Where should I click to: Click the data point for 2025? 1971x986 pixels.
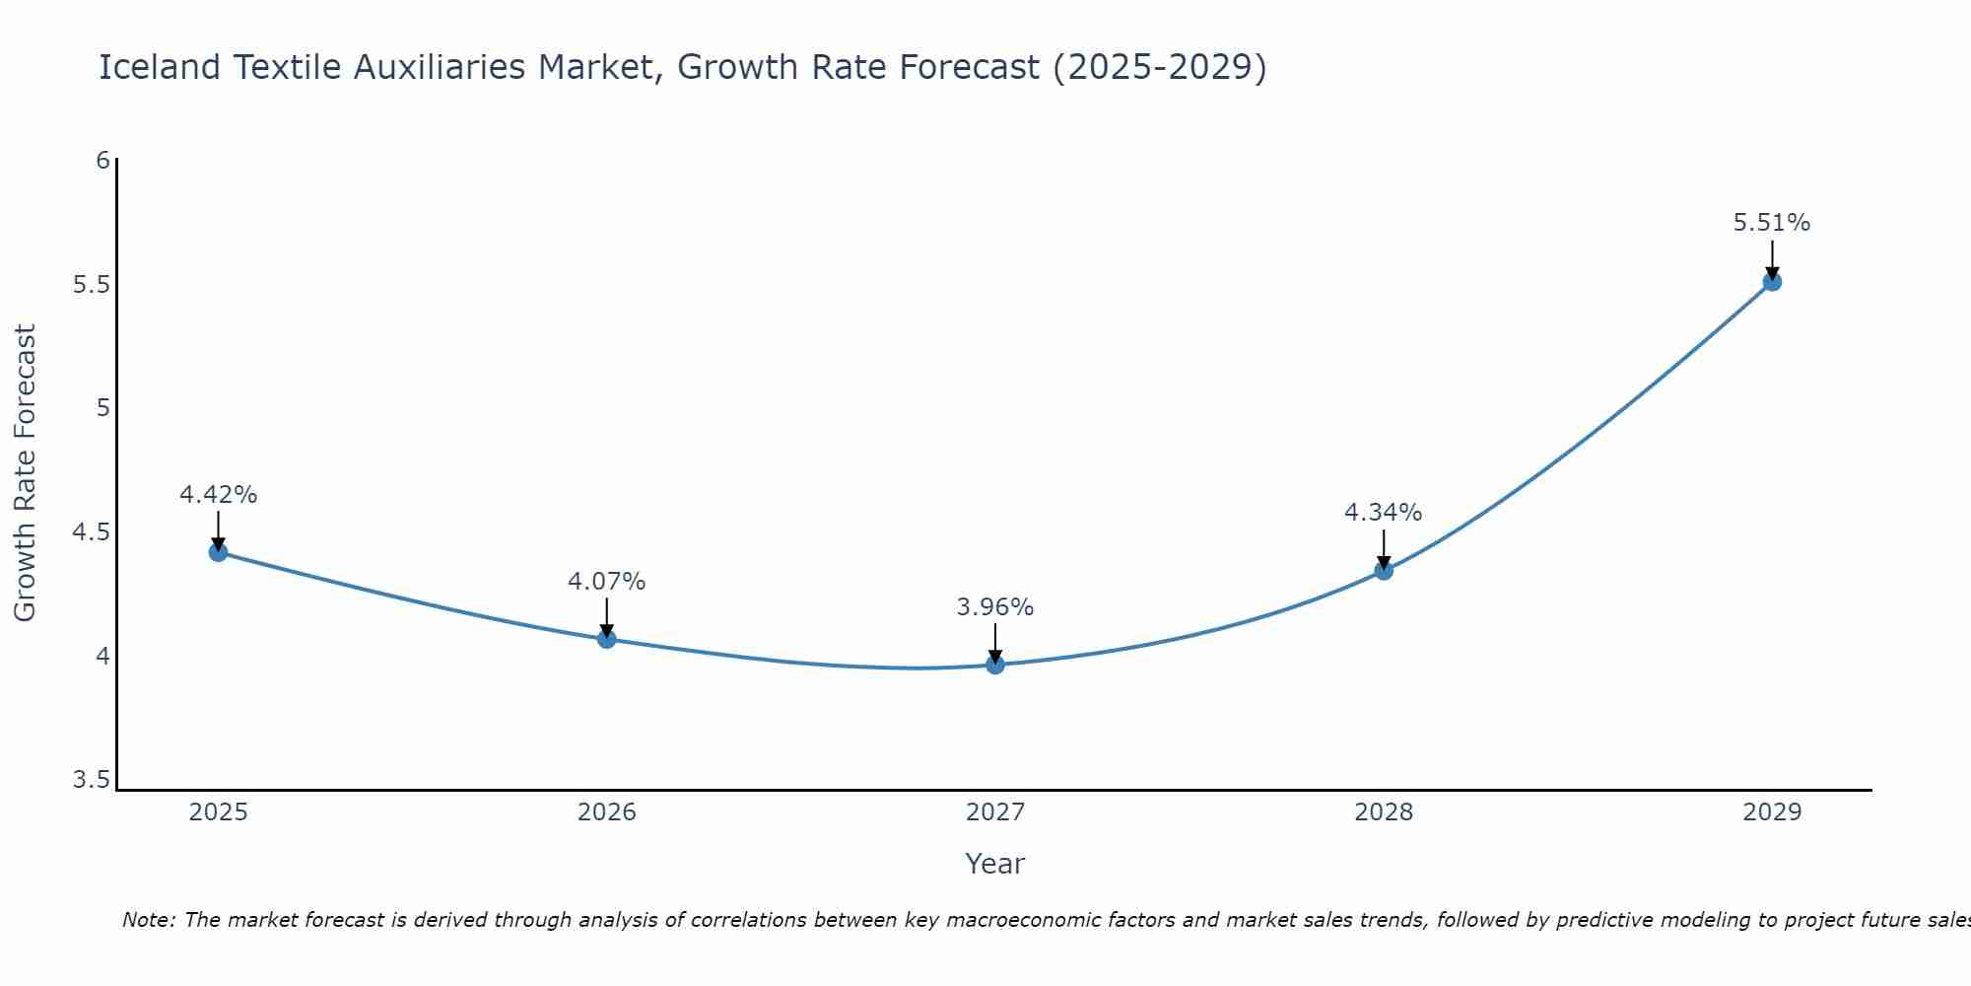pyautogui.click(x=218, y=552)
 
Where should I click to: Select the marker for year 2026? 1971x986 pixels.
pyautogui.click(x=606, y=639)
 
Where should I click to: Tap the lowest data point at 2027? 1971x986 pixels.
pyautogui.click(x=995, y=665)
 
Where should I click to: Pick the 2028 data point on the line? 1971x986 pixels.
pyautogui.click(x=1384, y=570)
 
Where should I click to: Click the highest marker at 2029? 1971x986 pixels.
pyautogui.click(x=1772, y=282)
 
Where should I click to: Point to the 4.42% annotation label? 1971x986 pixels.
pyautogui.click(x=218, y=495)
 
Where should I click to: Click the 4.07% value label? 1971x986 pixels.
pyautogui.click(x=606, y=582)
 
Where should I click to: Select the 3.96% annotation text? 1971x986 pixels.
pyautogui.click(x=995, y=607)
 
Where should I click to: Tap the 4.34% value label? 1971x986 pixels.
pyautogui.click(x=1384, y=513)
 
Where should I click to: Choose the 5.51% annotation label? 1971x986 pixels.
pyautogui.click(x=1772, y=223)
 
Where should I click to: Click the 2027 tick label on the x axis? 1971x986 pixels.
pyautogui.click(x=995, y=812)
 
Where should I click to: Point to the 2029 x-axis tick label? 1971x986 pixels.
pyautogui.click(x=1772, y=812)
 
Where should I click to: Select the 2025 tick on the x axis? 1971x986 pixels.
pyautogui.click(x=218, y=812)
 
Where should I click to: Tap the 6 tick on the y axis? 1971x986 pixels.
pyautogui.click(x=102, y=160)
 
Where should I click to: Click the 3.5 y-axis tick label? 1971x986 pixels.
pyautogui.click(x=92, y=781)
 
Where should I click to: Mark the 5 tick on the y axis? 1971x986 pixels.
pyautogui.click(x=102, y=408)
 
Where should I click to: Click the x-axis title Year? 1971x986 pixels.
pyautogui.click(x=995, y=864)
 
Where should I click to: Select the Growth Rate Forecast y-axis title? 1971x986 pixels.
pyautogui.click(x=25, y=473)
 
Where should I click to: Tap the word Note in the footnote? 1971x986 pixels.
pyautogui.click(x=148, y=920)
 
